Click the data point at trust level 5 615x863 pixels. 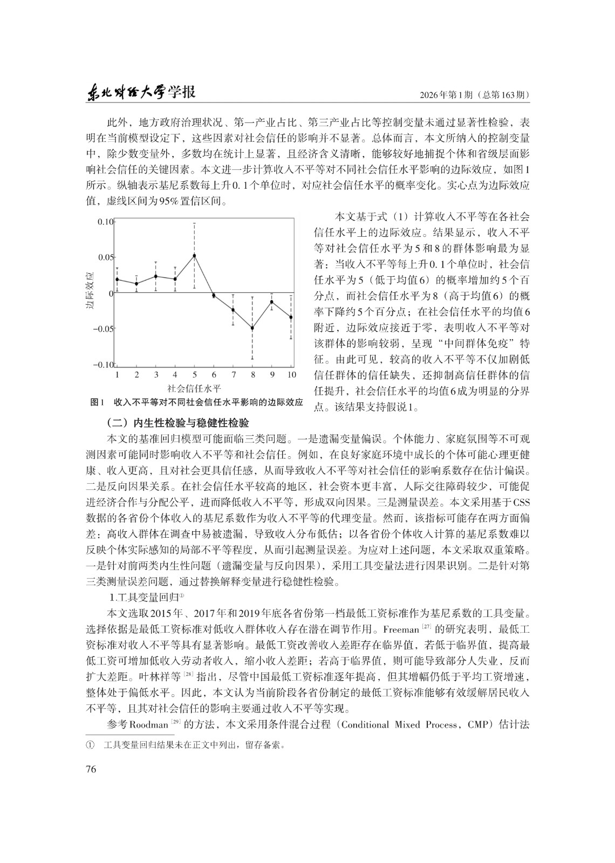pyautogui.click(x=194, y=256)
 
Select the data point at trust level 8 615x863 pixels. pyautogui.click(x=252, y=328)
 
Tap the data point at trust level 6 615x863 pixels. pyautogui.click(x=214, y=296)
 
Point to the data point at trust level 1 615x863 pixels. pyautogui.click(x=117, y=279)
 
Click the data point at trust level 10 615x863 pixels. pyautogui.click(x=291, y=317)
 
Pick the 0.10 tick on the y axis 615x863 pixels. pyautogui.click(x=106, y=222)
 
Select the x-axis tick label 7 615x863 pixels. pyautogui.click(x=233, y=375)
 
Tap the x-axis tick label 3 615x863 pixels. pyautogui.click(x=156, y=375)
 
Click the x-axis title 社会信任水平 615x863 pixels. pyautogui.click(x=195, y=388)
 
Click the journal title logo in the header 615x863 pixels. pyautogui.click(x=141, y=93)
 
